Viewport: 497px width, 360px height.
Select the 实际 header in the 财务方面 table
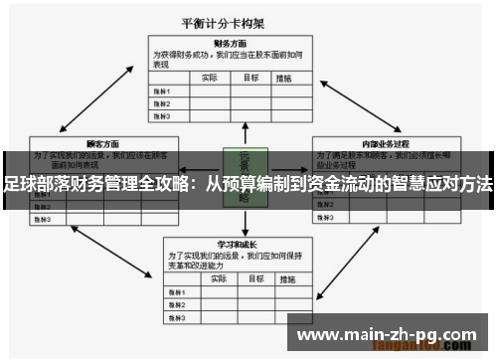(210, 77)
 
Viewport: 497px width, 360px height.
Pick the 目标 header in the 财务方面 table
(251, 77)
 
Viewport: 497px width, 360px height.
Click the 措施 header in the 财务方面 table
(286, 77)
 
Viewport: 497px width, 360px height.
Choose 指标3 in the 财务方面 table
(161, 115)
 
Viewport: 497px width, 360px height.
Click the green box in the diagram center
(245, 177)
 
